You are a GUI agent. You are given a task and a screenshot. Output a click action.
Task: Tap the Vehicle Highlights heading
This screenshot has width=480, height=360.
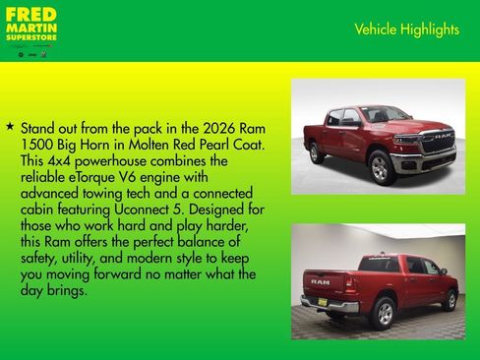coord(406,30)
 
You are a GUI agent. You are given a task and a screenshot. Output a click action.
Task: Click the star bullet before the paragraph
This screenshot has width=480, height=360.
coord(10,127)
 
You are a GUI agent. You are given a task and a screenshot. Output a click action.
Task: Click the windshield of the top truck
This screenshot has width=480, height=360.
coord(384,114)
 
